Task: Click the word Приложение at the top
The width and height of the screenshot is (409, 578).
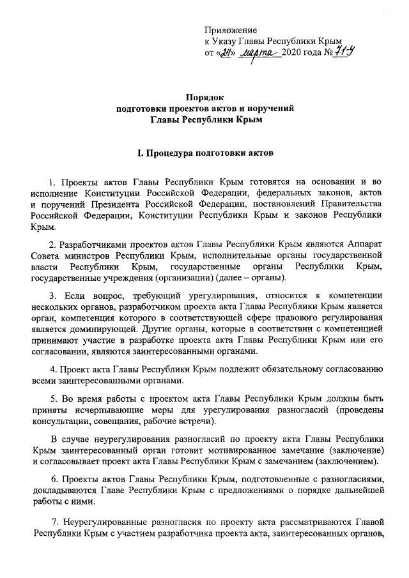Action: (231, 30)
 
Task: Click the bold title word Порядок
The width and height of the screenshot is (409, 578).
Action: (204, 96)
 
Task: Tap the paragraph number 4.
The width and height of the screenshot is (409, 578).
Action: (53, 369)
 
